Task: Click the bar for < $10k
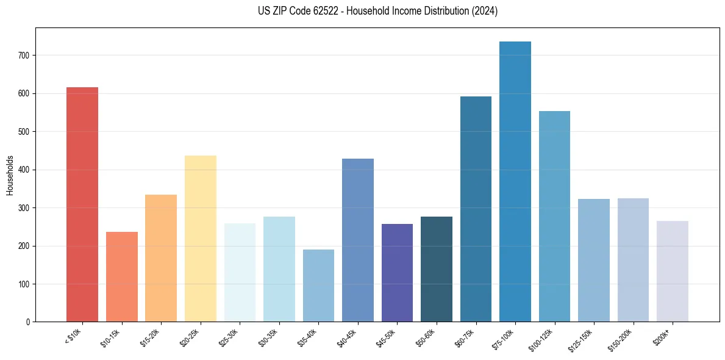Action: point(82,204)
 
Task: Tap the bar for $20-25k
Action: point(200,239)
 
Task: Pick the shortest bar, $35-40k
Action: point(318,286)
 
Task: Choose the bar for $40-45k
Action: point(358,240)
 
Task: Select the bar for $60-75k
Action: point(476,209)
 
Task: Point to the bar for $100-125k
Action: point(554,216)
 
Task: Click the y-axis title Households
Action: point(10,175)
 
